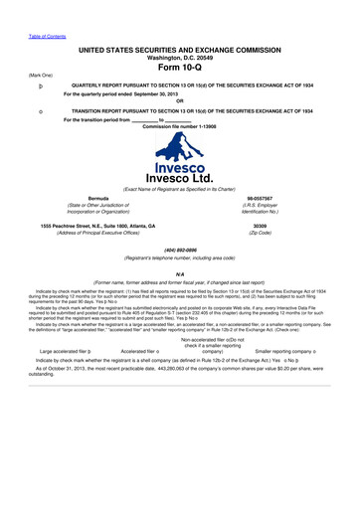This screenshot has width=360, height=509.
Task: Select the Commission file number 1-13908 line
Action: [x=179, y=131]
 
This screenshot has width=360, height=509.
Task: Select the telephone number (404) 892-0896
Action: [x=179, y=249]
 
